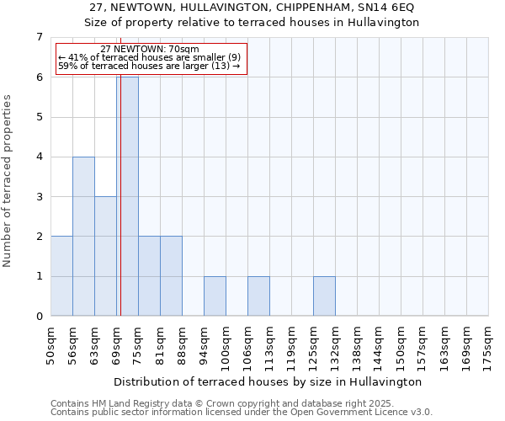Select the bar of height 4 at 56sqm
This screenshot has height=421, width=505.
click(x=83, y=236)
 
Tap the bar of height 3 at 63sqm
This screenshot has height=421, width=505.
click(x=105, y=256)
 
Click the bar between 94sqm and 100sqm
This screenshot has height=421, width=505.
click(x=215, y=296)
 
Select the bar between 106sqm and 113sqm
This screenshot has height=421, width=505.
click(x=258, y=296)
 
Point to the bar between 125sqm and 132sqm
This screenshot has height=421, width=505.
click(x=324, y=296)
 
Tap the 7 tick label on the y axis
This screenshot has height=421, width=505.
click(x=39, y=37)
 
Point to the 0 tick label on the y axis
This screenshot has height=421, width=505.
click(x=39, y=317)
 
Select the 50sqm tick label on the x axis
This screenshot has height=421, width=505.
click(x=50, y=342)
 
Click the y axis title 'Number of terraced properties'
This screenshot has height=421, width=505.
click(x=8, y=181)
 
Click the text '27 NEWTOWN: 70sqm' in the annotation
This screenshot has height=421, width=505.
click(x=149, y=50)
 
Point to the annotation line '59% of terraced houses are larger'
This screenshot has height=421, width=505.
click(x=149, y=66)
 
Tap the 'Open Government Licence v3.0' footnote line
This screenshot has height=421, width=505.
click(x=242, y=413)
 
